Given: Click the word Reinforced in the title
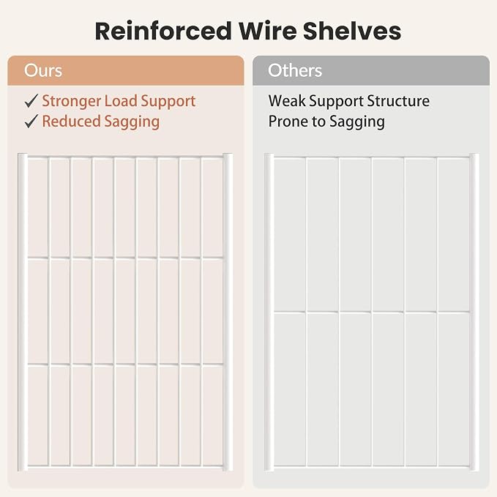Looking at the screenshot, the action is click(x=163, y=31).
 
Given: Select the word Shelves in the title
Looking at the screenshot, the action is click(x=352, y=31).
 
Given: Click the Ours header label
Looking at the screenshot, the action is click(x=43, y=70).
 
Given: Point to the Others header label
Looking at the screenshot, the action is click(x=295, y=70).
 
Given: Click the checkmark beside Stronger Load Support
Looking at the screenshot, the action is click(x=31, y=101).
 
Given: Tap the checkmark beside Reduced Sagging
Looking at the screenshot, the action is click(x=31, y=122).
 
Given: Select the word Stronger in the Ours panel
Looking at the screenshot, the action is click(x=72, y=102).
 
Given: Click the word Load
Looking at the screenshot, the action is click(x=121, y=101).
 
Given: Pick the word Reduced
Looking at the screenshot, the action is click(x=71, y=121).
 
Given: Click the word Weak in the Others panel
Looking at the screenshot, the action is click(x=287, y=101).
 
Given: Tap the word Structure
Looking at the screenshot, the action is click(x=398, y=101).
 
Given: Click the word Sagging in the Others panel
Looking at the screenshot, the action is click(x=357, y=122).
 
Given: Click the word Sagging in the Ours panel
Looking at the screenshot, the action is click(x=132, y=122).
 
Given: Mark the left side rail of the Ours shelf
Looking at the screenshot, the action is click(x=23, y=313).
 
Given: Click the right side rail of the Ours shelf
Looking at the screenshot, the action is click(x=228, y=313).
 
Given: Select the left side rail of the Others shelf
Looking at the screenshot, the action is click(x=269, y=313).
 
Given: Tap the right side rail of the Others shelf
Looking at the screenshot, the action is click(x=474, y=313).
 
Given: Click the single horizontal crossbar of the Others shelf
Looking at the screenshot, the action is click(x=372, y=313).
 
